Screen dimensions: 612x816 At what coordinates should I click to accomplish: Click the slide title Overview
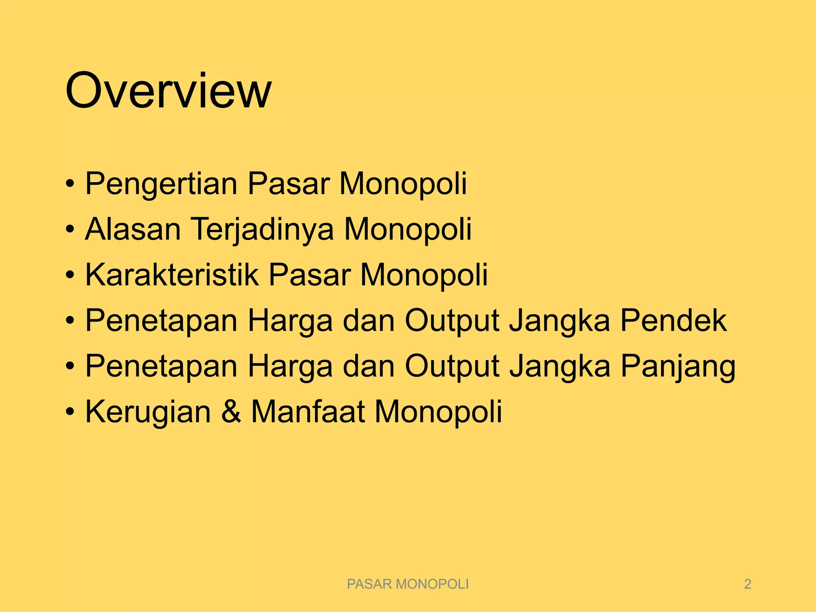[x=168, y=91]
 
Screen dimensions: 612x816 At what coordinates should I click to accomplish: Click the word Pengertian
[x=161, y=184]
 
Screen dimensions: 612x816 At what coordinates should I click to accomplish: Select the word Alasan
[x=133, y=229]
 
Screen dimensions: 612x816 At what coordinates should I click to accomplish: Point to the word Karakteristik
[x=172, y=275]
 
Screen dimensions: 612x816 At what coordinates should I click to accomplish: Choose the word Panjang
[x=678, y=367]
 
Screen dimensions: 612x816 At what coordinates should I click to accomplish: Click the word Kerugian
[x=148, y=412]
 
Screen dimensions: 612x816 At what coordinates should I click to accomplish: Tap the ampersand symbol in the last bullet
[x=231, y=412]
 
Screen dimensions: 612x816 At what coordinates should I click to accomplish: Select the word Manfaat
[x=308, y=412]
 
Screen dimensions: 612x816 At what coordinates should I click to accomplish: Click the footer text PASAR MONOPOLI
[x=408, y=584]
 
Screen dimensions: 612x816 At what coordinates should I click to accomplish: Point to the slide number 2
[x=747, y=584]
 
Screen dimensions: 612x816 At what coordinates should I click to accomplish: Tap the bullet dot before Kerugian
[x=70, y=413]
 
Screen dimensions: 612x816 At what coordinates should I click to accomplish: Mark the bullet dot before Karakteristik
[x=70, y=276]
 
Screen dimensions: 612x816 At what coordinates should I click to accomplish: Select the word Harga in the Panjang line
[x=290, y=367]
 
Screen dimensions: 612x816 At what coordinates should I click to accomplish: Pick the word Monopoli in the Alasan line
[x=408, y=229]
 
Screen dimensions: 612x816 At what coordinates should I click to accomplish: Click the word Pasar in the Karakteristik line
[x=310, y=275]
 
